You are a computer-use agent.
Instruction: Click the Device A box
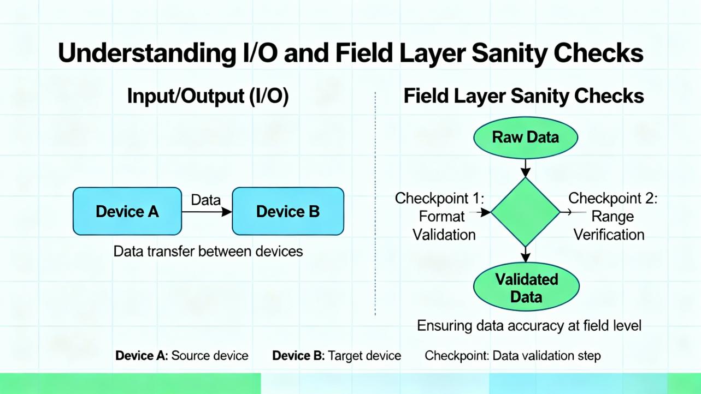coord(127,211)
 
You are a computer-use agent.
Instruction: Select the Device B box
coord(288,211)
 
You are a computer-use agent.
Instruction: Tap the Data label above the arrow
coord(205,200)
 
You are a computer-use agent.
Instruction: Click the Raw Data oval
coord(525,137)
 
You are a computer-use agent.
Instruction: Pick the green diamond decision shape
coord(525,212)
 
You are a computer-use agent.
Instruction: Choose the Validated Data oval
coord(526,288)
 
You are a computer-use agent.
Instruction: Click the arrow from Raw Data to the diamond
coord(525,168)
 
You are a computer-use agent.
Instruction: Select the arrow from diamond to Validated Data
coord(525,254)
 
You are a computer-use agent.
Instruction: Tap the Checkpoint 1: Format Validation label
coord(440,216)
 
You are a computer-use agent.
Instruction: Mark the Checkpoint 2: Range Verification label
coord(612,216)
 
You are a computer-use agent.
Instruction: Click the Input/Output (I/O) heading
coord(208,96)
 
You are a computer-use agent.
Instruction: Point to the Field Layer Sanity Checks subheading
coord(523,96)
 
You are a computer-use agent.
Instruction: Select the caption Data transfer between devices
coord(208,252)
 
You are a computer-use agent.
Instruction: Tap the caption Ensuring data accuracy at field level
coord(528,326)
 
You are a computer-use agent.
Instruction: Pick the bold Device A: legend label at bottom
coord(142,356)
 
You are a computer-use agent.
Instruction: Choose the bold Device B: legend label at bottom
coord(298,356)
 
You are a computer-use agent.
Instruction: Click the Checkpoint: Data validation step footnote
coord(513,356)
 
